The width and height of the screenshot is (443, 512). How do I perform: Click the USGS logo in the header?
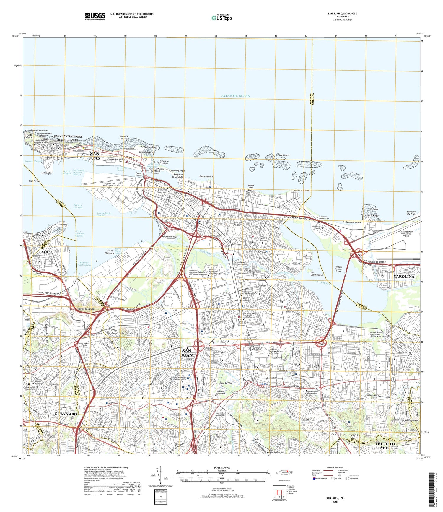pos(95,16)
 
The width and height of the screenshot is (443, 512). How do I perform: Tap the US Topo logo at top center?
pos(222,18)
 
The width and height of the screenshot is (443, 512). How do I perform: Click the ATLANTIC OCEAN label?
pos(236,96)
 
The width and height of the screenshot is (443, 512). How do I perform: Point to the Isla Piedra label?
pos(283,155)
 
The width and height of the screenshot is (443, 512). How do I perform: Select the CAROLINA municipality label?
pos(404,276)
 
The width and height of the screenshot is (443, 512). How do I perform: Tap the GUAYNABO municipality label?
pos(66,414)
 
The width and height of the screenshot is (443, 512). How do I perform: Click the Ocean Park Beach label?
pos(250,188)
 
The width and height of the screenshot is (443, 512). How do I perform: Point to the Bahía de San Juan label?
pos(78,206)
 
